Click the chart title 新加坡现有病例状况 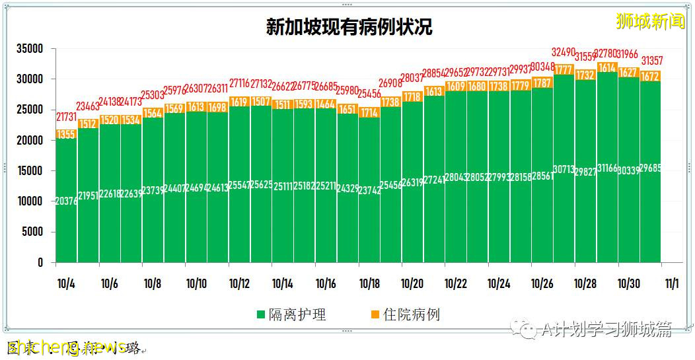[349, 27]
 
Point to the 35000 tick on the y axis [30, 49]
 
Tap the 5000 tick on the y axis [32, 232]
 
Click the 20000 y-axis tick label [30, 141]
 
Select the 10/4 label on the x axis [66, 284]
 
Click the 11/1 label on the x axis [671, 284]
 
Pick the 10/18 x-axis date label [369, 284]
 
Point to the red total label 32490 [564, 52]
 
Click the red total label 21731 [66, 116]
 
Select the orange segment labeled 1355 [66, 134]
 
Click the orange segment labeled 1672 [650, 76]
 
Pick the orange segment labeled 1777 [564, 69]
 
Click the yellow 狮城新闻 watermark [650, 22]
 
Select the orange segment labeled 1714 [369, 112]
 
